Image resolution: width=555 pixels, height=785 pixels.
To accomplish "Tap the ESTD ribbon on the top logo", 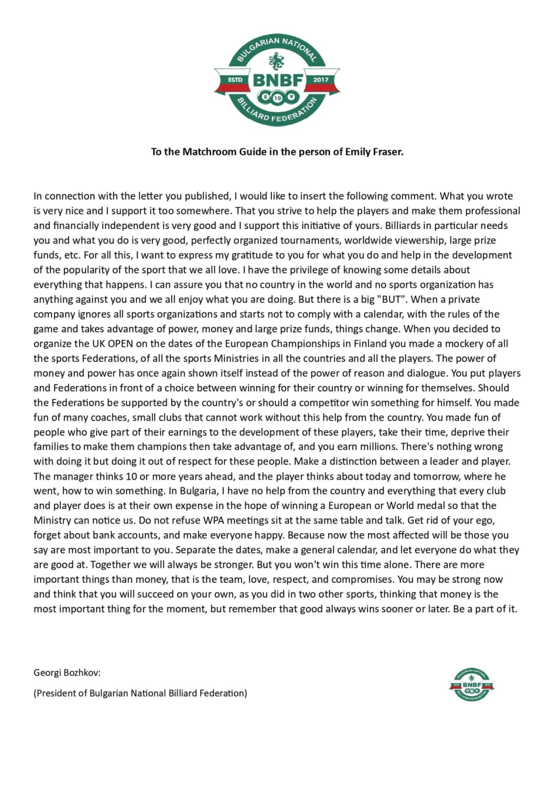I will coord(233,79).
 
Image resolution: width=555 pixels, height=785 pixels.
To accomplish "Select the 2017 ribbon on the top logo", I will coord(320,79).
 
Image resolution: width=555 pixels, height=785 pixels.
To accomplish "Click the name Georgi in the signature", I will coord(48,672).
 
